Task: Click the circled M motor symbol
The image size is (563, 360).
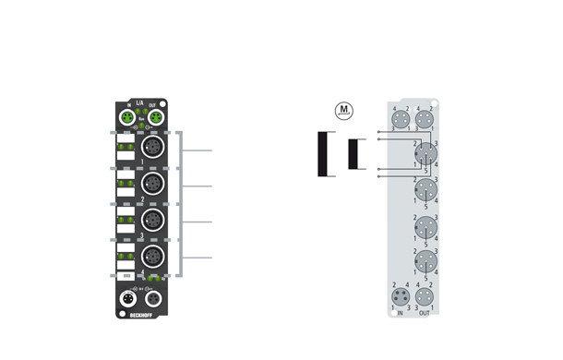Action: pos(344,111)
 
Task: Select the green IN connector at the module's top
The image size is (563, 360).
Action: pos(128,119)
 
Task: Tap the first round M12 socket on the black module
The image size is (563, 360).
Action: pos(152,150)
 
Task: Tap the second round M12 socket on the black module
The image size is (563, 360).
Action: pos(152,186)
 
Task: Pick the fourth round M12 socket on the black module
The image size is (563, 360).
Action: pos(152,257)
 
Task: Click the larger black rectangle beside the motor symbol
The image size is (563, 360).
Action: pos(323,154)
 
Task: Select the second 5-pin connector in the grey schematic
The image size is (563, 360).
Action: pos(425,191)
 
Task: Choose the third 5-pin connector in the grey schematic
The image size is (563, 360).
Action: pos(425,227)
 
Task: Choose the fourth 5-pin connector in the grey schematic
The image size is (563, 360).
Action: pos(425,262)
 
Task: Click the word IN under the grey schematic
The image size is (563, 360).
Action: pos(401,314)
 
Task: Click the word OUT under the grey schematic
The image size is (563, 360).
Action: pos(425,314)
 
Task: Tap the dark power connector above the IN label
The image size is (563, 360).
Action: pos(401,296)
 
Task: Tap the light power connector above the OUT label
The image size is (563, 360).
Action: pos(425,296)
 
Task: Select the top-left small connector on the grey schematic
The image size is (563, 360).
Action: pos(401,119)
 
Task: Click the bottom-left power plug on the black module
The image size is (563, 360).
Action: pos(128,298)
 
